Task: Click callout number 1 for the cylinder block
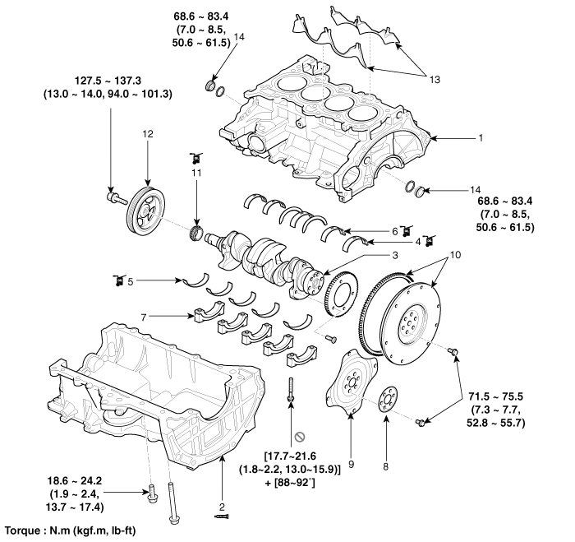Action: [x=481, y=138]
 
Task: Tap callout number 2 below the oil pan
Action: [x=222, y=507]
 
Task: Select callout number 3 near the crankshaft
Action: [x=394, y=255]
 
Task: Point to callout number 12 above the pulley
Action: [x=148, y=134]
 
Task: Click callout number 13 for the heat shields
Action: [x=435, y=79]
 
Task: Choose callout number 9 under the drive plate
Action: [x=352, y=465]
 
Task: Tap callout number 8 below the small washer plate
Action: [x=385, y=466]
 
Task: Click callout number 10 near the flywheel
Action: [x=455, y=255]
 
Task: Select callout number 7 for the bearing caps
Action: [x=144, y=317]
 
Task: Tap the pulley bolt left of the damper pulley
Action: [x=117, y=198]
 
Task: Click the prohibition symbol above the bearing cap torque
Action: [x=301, y=437]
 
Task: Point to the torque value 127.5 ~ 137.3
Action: [x=108, y=81]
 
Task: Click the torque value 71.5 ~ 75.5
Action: [x=496, y=396]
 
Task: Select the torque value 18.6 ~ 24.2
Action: [x=75, y=480]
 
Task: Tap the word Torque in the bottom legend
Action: [x=23, y=530]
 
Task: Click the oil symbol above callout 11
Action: [x=196, y=158]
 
